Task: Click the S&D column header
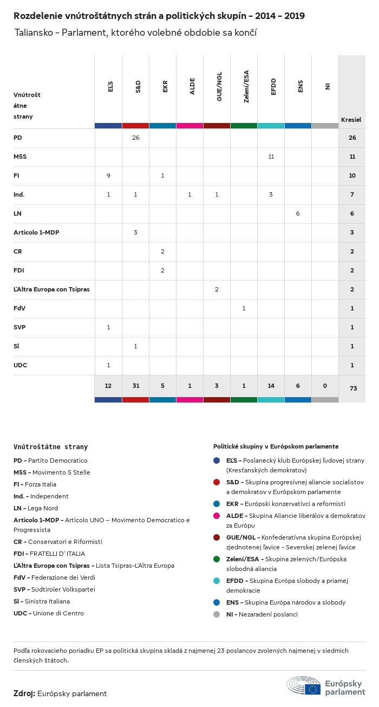pyautogui.click(x=138, y=86)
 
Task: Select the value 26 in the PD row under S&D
pyautogui.click(x=135, y=138)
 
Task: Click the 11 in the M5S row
pyautogui.click(x=271, y=157)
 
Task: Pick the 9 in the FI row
pyautogui.click(x=108, y=176)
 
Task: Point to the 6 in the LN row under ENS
pyautogui.click(x=298, y=213)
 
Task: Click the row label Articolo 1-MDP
pyautogui.click(x=36, y=232)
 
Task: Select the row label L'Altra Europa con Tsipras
pyautogui.click(x=51, y=289)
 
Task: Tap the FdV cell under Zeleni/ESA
pyautogui.click(x=244, y=308)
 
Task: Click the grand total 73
pyautogui.click(x=352, y=388)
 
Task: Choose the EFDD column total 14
pyautogui.click(x=271, y=385)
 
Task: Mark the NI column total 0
pyautogui.click(x=325, y=385)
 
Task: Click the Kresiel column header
pyautogui.click(x=351, y=119)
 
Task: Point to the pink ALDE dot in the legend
pyautogui.click(x=217, y=516)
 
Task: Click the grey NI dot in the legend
pyautogui.click(x=217, y=614)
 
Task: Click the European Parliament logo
pyautogui.click(x=326, y=686)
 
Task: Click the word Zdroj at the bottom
pyautogui.click(x=24, y=693)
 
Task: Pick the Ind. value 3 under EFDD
pyautogui.click(x=271, y=194)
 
